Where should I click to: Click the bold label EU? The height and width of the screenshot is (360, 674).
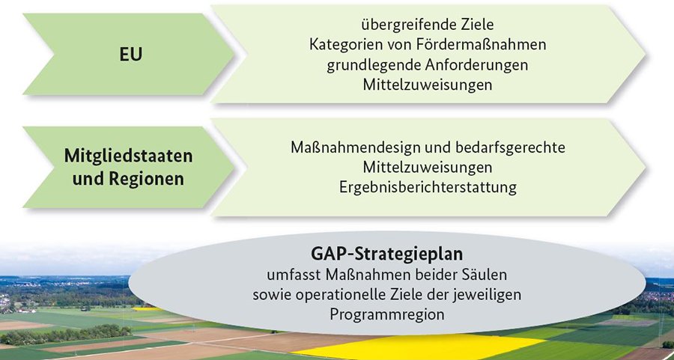click(x=130, y=55)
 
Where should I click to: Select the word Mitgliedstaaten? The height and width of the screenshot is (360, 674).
click(x=129, y=156)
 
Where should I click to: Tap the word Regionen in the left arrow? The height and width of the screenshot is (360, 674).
click(x=146, y=179)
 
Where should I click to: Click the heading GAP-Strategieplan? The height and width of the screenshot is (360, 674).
click(x=387, y=254)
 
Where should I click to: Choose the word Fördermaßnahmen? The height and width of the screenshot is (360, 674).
click(x=483, y=44)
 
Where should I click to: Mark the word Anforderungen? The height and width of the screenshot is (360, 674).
click(x=477, y=65)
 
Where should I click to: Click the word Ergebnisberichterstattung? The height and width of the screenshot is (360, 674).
click(x=428, y=188)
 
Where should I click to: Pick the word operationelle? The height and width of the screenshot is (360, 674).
click(x=333, y=295)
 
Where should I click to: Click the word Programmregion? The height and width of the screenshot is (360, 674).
click(x=387, y=314)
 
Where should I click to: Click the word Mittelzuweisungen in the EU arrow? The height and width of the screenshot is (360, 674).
click(x=428, y=85)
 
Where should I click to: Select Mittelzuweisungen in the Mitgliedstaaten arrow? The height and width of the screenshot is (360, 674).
click(x=428, y=168)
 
